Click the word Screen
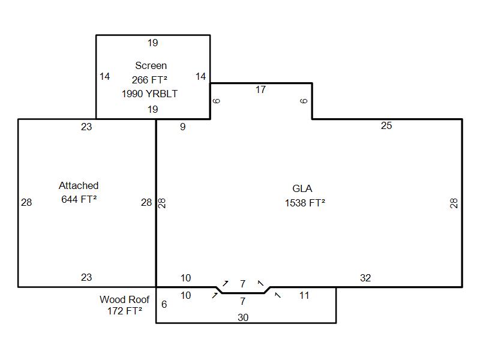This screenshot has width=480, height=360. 151,65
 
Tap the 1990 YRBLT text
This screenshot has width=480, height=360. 149,94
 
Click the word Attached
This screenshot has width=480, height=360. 79,185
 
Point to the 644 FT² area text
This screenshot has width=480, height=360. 79,199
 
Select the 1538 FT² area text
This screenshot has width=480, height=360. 305,203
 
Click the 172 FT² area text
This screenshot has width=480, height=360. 125,311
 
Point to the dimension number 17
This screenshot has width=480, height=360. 260,90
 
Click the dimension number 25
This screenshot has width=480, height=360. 386,125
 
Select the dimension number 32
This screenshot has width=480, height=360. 365,278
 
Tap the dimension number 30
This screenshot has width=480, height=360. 243,317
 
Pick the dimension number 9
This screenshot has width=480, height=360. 183,127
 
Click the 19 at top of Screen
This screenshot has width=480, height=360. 152,43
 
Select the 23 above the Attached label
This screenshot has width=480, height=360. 86,127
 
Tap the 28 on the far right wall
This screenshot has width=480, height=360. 454,203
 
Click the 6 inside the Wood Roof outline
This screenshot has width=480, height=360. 164,304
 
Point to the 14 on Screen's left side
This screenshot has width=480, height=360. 105,76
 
